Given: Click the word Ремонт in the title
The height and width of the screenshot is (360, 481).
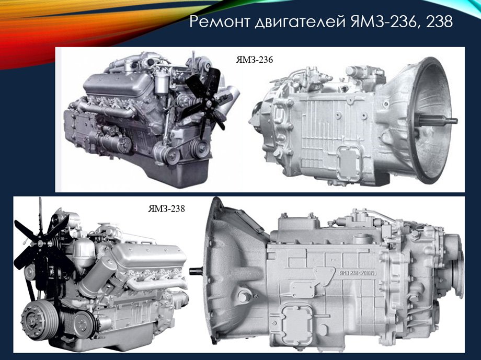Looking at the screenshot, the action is point(220,21).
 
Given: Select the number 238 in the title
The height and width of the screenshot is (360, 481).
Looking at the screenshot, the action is point(436,21).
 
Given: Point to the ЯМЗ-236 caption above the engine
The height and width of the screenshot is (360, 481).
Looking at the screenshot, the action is point(254,60).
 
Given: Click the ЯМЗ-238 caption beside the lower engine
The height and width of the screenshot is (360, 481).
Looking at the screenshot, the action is point(167,208).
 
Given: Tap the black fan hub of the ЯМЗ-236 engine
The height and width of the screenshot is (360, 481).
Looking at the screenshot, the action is point(209,103).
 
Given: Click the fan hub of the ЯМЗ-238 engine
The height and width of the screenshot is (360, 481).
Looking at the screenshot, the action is point(40,243).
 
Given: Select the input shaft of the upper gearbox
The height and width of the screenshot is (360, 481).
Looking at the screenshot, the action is point(438,121).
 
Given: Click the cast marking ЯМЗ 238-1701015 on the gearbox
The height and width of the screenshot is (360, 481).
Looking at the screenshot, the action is point(358,273).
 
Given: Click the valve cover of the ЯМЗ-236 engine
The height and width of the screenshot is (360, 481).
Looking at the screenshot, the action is point(117,84).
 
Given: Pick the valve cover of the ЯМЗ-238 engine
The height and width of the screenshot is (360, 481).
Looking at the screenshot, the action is point(150,256).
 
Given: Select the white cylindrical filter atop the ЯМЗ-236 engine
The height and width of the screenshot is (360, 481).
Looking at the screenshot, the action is point(161,84).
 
